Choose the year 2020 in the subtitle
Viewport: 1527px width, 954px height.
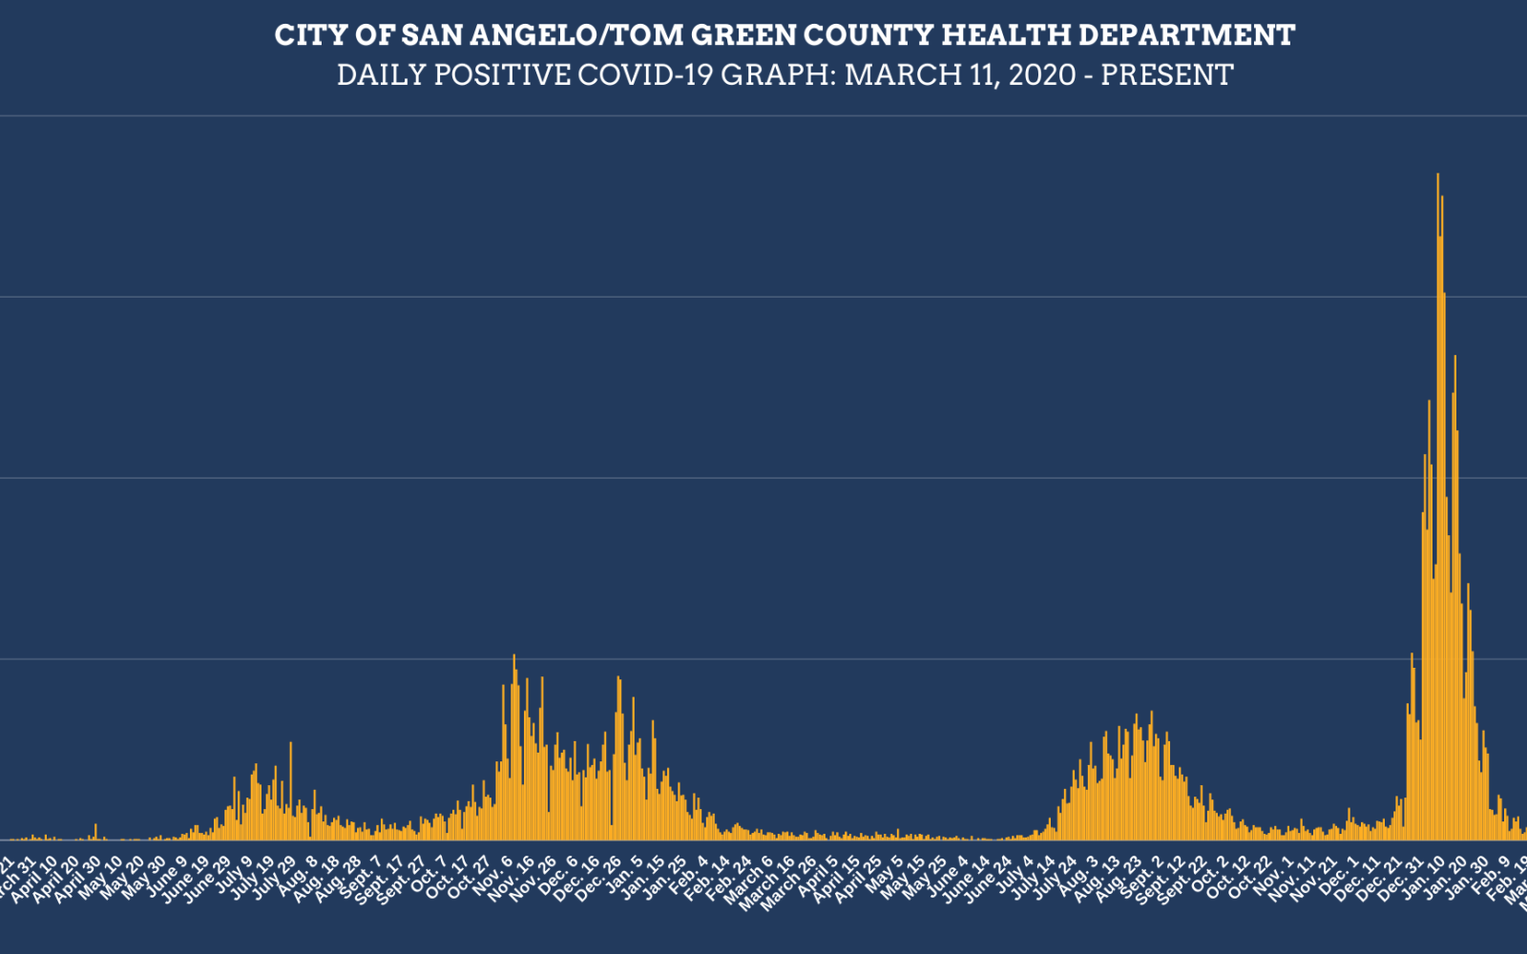pyautogui.click(x=1042, y=74)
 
